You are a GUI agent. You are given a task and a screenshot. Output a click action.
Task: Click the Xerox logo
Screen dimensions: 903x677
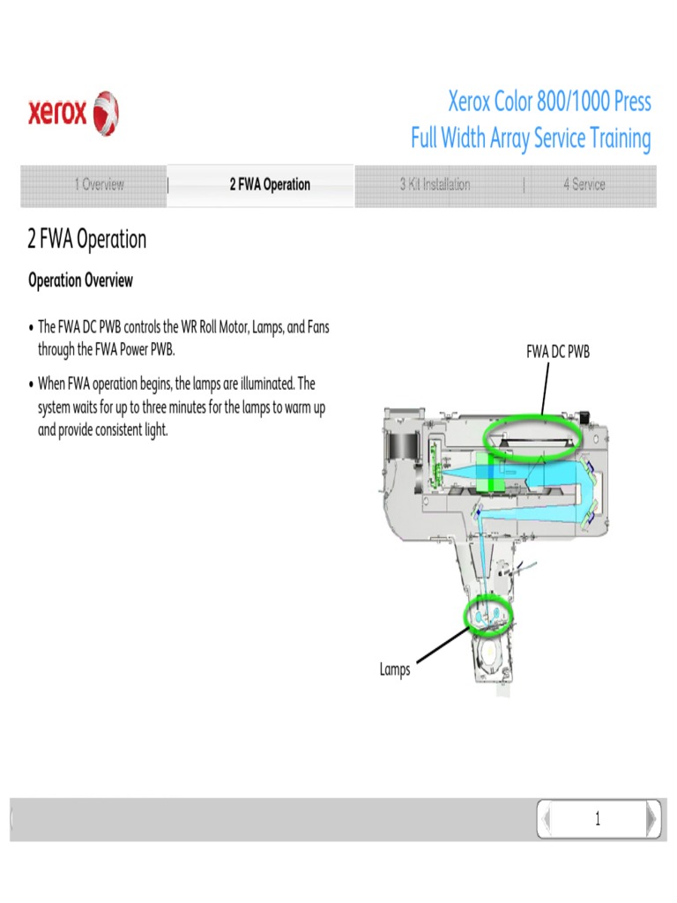coord(73,114)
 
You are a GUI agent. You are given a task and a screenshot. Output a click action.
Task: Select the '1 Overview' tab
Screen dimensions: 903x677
coord(99,184)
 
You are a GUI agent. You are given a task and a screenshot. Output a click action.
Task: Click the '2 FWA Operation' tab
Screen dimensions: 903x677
coord(270,184)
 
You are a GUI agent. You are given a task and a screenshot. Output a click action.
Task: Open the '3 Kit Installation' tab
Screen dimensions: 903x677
coord(435,184)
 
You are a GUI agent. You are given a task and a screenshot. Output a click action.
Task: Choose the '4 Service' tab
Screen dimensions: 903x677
coord(584,184)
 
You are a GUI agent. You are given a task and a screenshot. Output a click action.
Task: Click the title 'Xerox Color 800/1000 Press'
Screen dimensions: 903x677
coord(549,102)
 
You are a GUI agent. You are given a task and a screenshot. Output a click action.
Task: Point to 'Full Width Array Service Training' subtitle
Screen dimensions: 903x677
coord(531,139)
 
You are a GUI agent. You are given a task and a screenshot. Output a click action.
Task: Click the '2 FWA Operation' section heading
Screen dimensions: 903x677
coord(86,240)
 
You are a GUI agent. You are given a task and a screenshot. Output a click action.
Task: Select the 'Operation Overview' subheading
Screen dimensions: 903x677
coord(80,280)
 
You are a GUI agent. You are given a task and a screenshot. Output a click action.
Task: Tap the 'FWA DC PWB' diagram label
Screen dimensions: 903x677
coord(557,352)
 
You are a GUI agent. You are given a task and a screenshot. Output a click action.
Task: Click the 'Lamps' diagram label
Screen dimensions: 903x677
coord(395,669)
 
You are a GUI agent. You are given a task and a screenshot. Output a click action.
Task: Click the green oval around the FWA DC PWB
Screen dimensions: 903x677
coord(533,435)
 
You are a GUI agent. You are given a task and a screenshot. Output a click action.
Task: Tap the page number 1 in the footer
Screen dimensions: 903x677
coord(597,819)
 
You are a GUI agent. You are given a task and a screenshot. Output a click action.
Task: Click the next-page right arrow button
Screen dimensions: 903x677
coord(651,819)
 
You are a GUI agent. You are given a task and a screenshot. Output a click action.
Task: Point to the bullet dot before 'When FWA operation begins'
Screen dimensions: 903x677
coord(31,384)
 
